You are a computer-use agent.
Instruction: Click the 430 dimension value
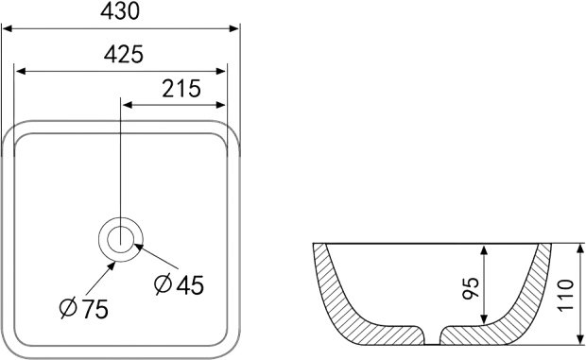[120, 10]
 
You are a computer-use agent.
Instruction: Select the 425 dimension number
[123, 54]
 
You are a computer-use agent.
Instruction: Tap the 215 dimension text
[181, 89]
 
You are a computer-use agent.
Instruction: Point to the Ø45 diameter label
[179, 284]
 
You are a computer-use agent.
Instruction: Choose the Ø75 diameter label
[84, 308]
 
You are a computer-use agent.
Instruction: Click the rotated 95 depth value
[471, 288]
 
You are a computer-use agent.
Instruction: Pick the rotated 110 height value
[565, 294]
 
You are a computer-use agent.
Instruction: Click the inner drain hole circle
[121, 239]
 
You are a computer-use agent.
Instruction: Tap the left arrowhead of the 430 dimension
[8, 28]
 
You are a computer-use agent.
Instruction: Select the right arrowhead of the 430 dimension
[234, 28]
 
